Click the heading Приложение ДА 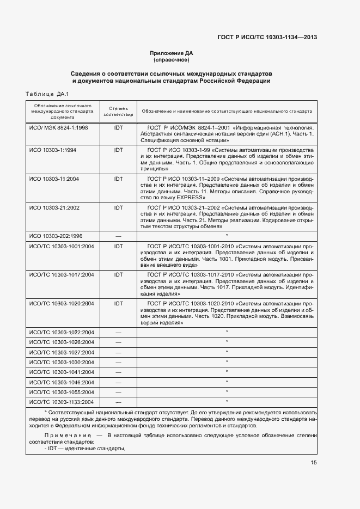tap(172, 53)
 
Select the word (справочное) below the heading tap(172, 60)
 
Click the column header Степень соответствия tap(118, 111)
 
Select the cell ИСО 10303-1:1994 tap(53, 149)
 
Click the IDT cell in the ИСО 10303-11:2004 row tap(118, 179)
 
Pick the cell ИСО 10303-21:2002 tap(54, 208)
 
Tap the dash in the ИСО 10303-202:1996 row tap(118, 236)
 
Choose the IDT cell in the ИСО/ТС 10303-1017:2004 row tap(118, 274)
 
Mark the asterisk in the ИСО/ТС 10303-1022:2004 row tap(227, 332)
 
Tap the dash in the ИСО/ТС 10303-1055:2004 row tap(118, 392)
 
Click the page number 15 tap(314, 463)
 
